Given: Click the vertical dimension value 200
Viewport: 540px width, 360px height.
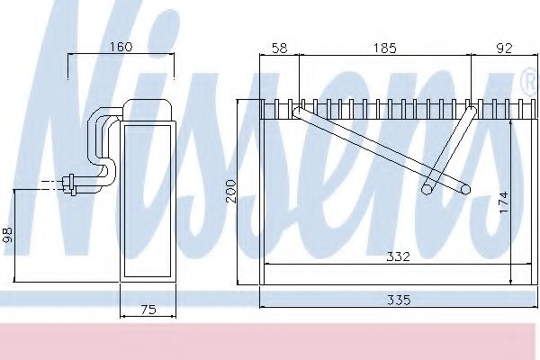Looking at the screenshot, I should point(231,192).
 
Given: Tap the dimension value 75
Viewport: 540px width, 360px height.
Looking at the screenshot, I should point(149,310).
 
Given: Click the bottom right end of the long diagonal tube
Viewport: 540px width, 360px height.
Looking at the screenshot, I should point(464,188).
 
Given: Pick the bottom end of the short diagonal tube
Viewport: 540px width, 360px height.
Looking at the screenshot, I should point(430,189).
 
